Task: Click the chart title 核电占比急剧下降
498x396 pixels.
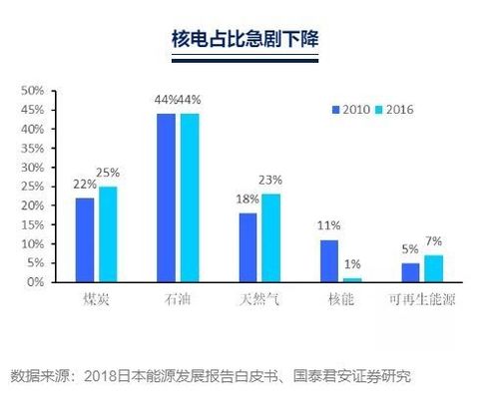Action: point(249,41)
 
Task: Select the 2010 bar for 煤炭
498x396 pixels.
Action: point(84,239)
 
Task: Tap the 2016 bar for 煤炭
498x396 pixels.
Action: point(107,234)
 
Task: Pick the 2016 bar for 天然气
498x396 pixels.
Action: point(270,237)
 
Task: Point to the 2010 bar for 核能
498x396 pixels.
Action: point(329,260)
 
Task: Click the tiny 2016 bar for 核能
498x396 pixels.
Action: point(352,280)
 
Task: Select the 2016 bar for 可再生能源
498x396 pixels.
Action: point(434,268)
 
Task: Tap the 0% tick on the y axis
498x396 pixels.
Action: point(34,282)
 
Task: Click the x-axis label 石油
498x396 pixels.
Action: point(178,299)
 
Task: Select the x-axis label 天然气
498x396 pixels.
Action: point(259,299)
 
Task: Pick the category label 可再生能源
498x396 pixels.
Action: point(423,299)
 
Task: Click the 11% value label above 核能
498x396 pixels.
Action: point(329,226)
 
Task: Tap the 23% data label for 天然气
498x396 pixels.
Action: point(270,181)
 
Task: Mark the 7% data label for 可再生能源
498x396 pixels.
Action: point(434,241)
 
